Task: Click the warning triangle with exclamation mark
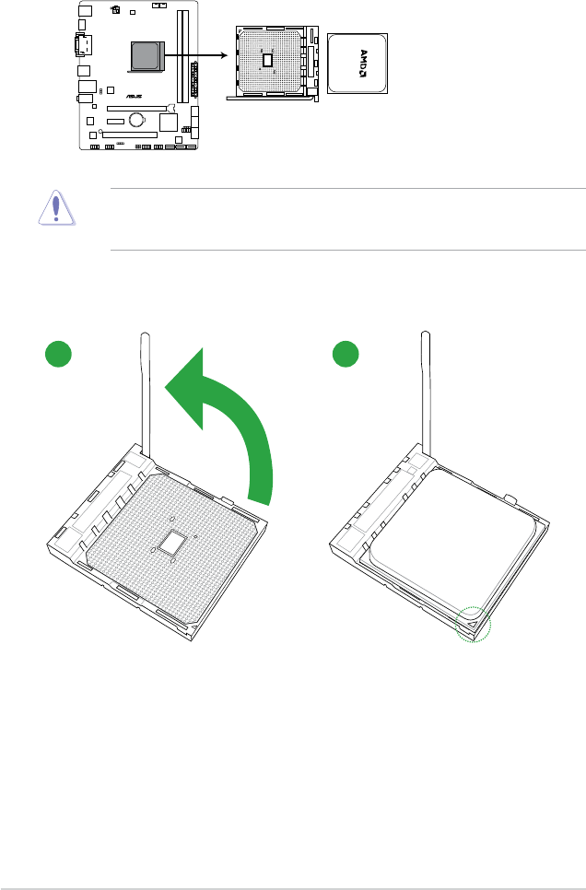pos(56,208)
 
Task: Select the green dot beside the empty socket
pos(58,354)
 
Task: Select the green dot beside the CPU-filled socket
pos(346,354)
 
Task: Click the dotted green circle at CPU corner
pos(474,625)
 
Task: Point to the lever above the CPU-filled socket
pos(426,394)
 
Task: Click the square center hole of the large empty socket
pos(174,544)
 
